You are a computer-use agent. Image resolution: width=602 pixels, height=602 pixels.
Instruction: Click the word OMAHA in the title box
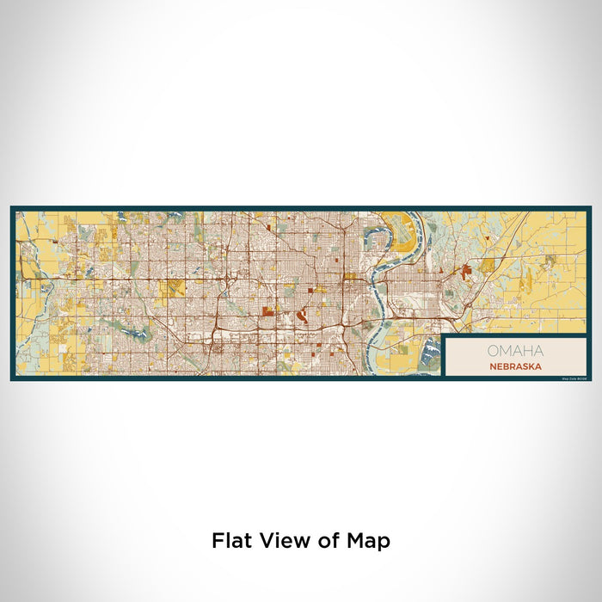(x=515, y=351)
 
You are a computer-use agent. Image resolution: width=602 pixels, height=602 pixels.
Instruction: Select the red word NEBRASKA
(x=515, y=365)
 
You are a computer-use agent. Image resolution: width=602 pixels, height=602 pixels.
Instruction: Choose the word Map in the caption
(x=364, y=542)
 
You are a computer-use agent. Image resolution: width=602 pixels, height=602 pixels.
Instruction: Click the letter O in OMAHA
(x=493, y=351)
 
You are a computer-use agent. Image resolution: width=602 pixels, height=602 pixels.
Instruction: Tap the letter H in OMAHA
(x=525, y=351)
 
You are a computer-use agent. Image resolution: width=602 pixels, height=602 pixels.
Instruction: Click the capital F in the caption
(x=217, y=541)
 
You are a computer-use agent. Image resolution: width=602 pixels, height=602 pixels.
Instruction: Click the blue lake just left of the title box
(x=427, y=348)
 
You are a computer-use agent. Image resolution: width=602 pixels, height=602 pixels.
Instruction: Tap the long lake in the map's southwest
(x=120, y=327)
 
